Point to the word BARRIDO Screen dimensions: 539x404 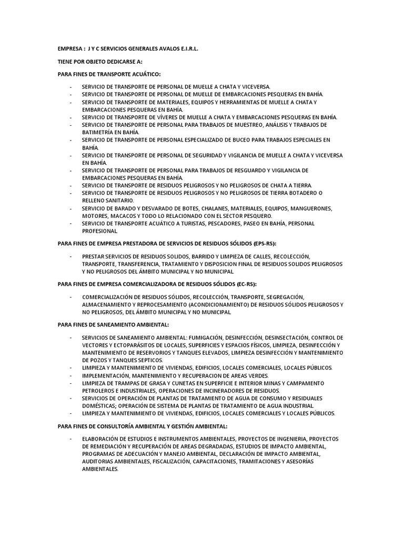[x=190, y=256]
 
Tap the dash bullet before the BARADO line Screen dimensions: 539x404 [x=71, y=208]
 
